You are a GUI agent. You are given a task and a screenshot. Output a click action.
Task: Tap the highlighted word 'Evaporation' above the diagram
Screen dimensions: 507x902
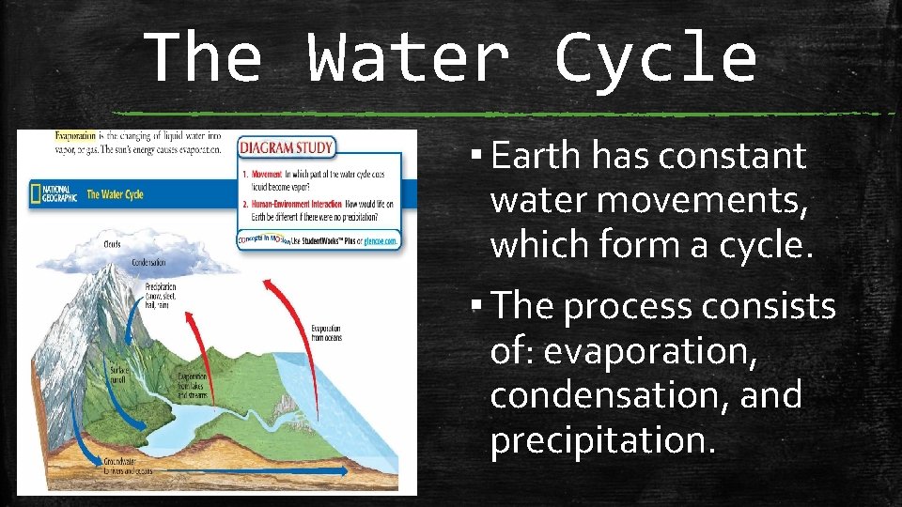tap(76, 136)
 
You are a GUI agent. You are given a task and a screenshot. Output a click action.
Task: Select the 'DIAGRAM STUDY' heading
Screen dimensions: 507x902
tap(288, 147)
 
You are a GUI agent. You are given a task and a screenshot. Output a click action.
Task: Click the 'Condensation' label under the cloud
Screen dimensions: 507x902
tap(148, 263)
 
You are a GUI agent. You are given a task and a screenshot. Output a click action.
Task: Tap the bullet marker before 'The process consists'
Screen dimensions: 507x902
tap(480, 306)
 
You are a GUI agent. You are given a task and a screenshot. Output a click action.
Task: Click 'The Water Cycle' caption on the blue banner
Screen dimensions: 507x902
tap(115, 194)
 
